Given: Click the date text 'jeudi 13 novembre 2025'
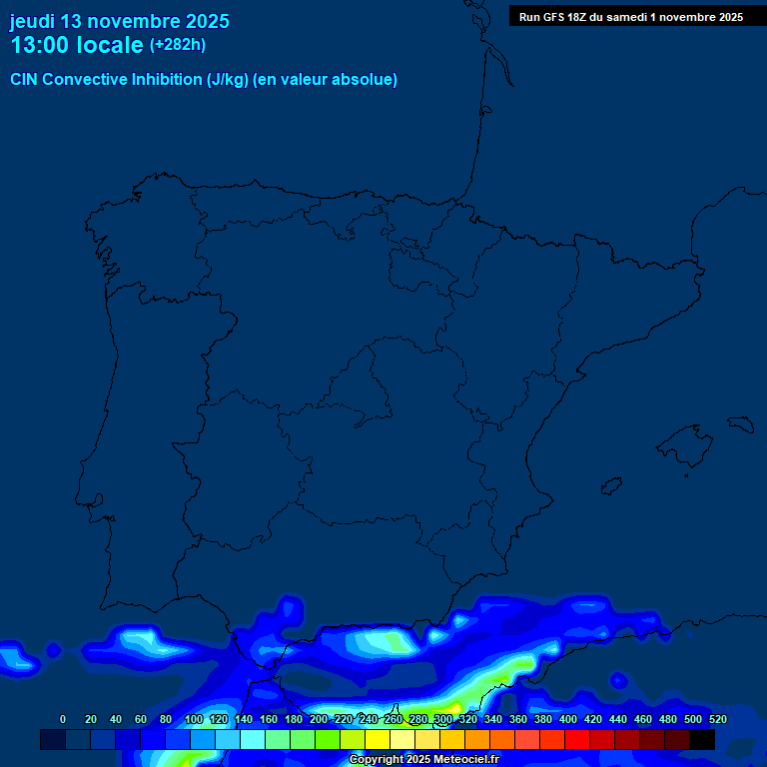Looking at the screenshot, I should (x=119, y=21).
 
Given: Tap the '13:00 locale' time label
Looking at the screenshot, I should (x=77, y=45).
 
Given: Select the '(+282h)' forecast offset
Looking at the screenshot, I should (x=178, y=45).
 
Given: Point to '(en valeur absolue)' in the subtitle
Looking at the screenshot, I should (x=326, y=80).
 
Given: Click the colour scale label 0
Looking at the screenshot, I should (x=63, y=719).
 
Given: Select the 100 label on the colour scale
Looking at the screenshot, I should (x=194, y=719).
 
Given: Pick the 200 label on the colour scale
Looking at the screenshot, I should (x=319, y=719).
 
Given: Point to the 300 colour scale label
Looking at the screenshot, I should (x=443, y=719).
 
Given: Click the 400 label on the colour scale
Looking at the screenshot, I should (x=568, y=719).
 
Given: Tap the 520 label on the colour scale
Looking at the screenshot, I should (x=717, y=719).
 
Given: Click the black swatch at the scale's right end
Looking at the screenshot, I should (x=702, y=739).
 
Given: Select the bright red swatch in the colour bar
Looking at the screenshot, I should (x=577, y=739).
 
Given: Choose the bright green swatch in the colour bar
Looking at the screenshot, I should (x=328, y=739).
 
